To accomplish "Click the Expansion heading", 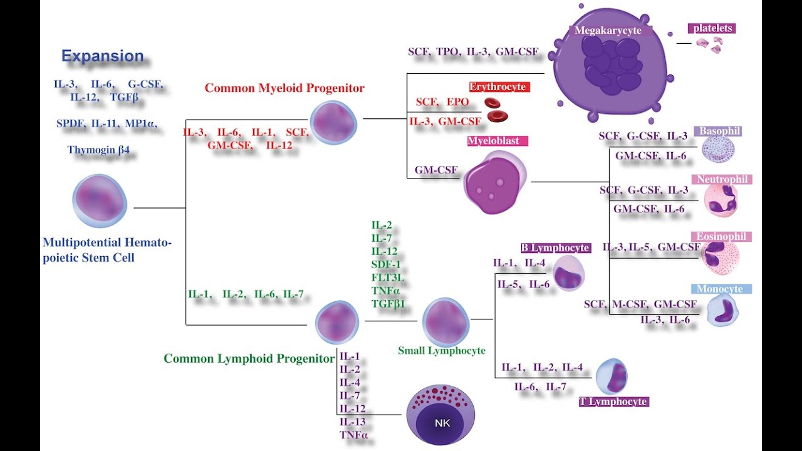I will (x=102, y=56).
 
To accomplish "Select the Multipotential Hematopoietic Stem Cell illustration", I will (x=100, y=201).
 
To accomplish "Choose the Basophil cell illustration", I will (x=717, y=149).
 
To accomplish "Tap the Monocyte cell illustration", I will (x=722, y=311).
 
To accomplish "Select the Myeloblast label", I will (x=497, y=141).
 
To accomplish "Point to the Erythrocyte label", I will (x=499, y=87).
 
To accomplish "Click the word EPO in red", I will (x=457, y=102).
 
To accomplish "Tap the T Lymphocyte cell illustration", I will (x=612, y=376).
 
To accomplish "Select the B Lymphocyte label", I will (x=555, y=248).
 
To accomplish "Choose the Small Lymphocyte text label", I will (x=441, y=351).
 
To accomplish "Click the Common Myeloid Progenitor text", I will (x=284, y=88).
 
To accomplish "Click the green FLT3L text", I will (x=385, y=277).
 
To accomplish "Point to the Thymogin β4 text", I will (x=102, y=150).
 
